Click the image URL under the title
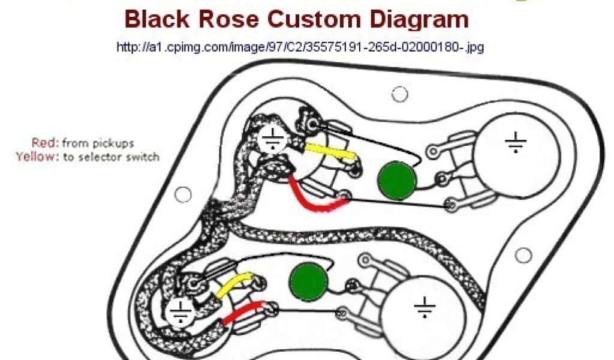[300, 47]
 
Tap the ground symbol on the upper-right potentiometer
[515, 143]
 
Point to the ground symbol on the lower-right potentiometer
[425, 308]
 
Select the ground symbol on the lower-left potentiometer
[179, 311]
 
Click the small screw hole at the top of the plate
[399, 94]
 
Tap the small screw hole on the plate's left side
[183, 194]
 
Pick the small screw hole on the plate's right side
[523, 255]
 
